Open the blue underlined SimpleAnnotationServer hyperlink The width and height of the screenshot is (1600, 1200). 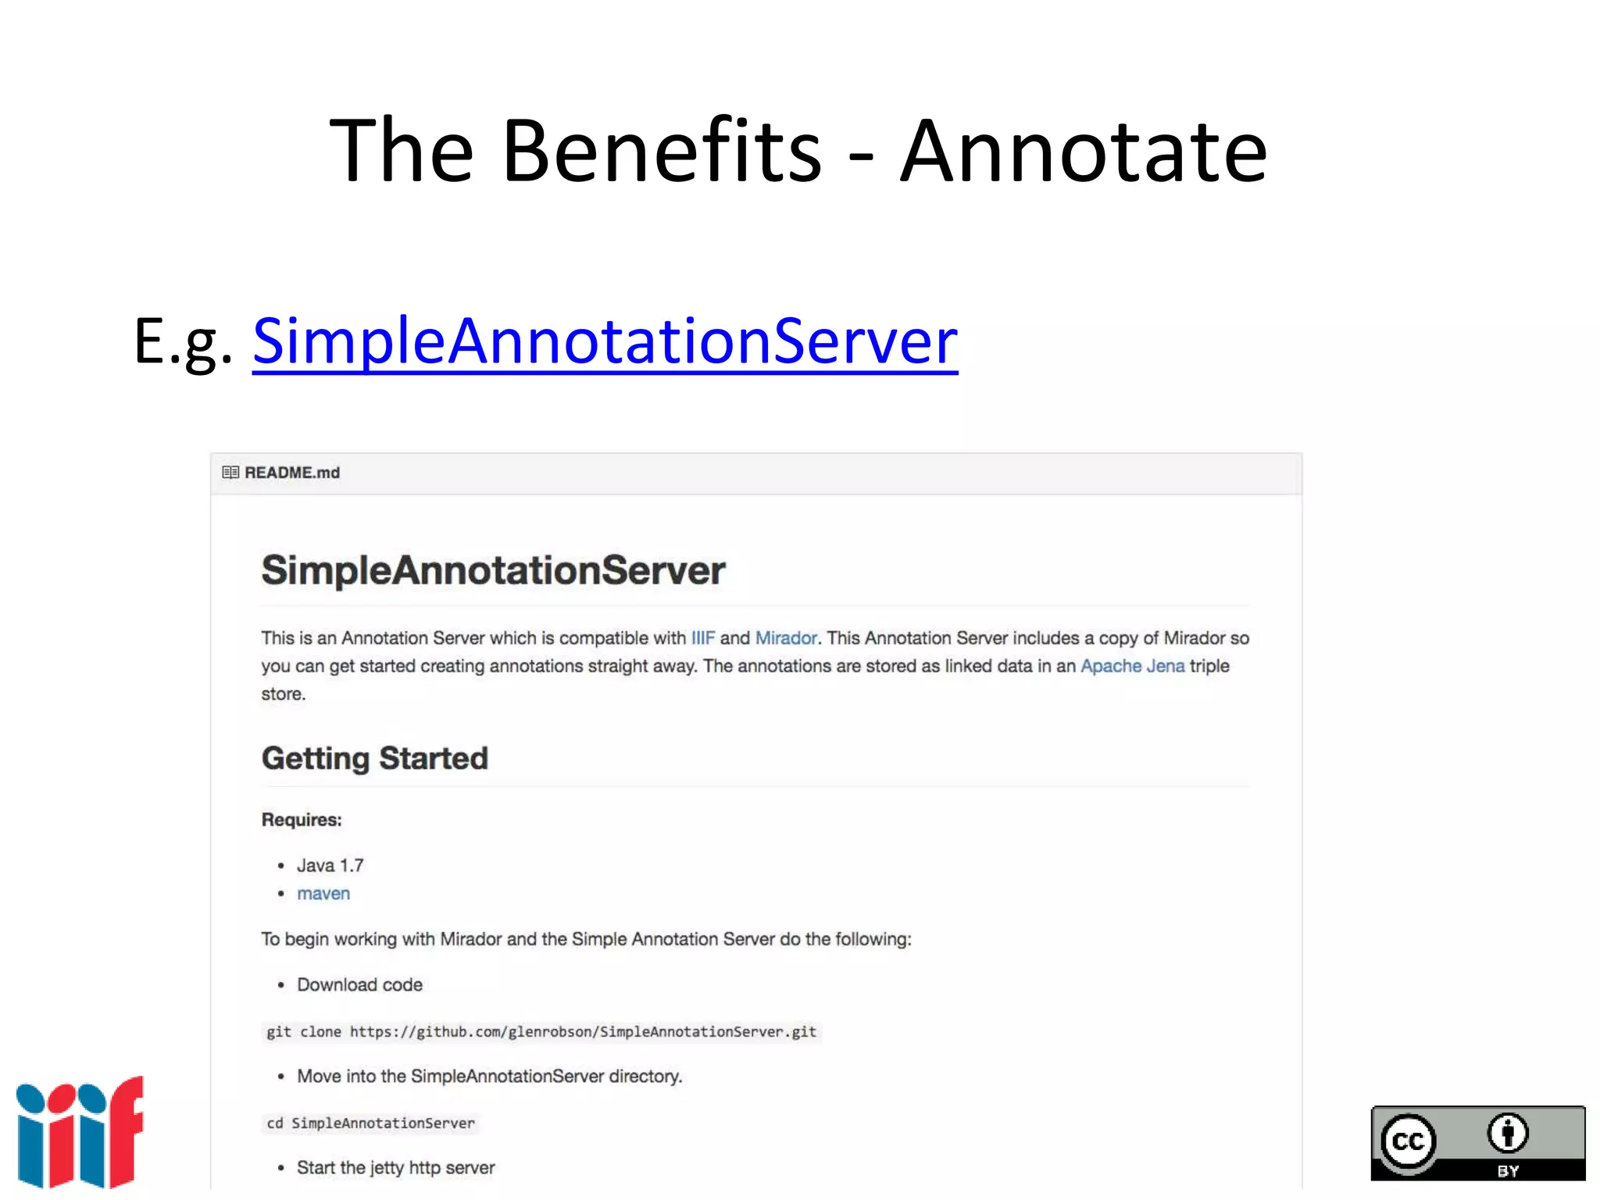click(605, 341)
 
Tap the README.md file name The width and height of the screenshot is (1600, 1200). click(292, 473)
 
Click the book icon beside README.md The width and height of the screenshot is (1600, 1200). click(230, 473)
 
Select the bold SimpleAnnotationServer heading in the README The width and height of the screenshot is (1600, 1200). click(493, 570)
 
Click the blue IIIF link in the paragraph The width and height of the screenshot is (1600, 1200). click(702, 638)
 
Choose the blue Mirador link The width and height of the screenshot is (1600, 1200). click(786, 638)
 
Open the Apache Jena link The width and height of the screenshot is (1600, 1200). click(1132, 666)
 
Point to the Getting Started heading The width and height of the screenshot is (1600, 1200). click(375, 759)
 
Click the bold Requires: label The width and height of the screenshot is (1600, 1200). click(302, 820)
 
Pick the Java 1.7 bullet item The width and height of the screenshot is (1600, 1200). click(330, 866)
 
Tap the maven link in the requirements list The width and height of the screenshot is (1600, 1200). click(323, 894)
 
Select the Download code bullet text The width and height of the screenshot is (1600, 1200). click(359, 985)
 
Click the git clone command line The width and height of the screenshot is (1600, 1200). click(541, 1032)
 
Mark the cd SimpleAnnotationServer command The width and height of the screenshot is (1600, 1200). click(370, 1123)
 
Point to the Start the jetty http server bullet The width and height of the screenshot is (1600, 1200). click(395, 1168)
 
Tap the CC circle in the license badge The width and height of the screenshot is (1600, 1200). click(1409, 1142)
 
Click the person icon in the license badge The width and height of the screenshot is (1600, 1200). click(1508, 1134)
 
